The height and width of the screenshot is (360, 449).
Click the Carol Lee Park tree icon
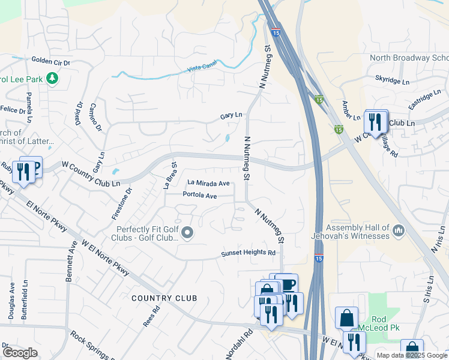52,79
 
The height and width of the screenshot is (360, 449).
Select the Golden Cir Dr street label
51,61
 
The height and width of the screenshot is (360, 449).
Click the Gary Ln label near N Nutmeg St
231,115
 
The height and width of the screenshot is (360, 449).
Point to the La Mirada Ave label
208,183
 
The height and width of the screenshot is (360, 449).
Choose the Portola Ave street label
200,195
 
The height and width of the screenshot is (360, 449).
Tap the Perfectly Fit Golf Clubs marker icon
187,233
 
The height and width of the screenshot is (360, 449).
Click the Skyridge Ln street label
392,79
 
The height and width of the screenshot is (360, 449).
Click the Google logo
20,353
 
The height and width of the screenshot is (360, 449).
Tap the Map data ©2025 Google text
411,355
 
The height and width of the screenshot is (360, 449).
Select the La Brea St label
169,175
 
